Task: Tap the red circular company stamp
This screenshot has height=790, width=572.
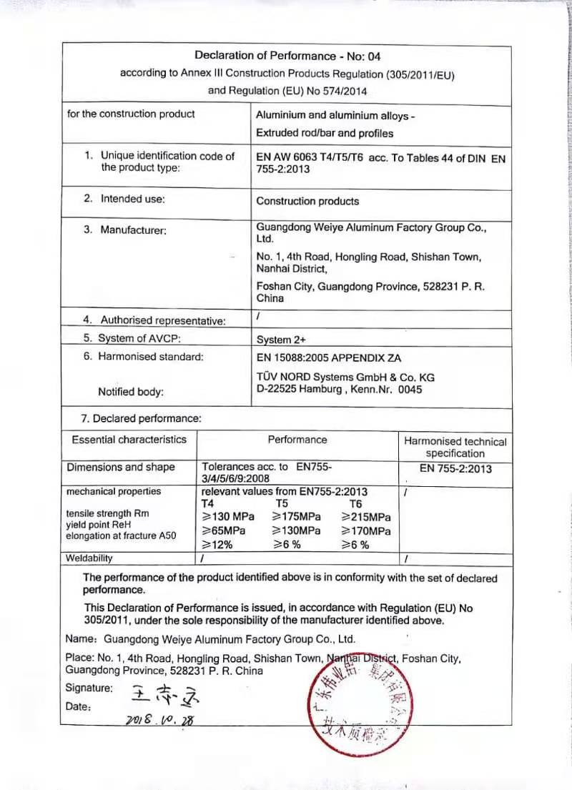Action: [x=359, y=703]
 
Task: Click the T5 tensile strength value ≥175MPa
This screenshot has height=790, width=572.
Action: [x=297, y=517]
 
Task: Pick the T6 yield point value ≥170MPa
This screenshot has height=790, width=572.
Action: [x=365, y=531]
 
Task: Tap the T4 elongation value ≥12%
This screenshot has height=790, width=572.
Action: [x=217, y=545]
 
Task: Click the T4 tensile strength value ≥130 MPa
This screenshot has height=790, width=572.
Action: [x=226, y=517]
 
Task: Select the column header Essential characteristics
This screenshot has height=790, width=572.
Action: [x=129, y=440]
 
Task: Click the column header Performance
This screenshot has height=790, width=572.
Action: [x=297, y=440]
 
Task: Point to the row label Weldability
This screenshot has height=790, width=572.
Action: [x=89, y=558]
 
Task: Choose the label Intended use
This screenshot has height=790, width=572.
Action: [x=132, y=199]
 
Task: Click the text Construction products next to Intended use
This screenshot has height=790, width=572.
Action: [x=307, y=202]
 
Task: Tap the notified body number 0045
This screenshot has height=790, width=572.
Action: [x=410, y=390]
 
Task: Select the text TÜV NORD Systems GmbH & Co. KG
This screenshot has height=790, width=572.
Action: [x=345, y=377]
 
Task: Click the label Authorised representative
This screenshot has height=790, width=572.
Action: [x=163, y=320]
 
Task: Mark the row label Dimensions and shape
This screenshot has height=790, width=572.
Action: [x=121, y=468]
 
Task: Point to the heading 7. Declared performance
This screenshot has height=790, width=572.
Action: [x=141, y=419]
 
